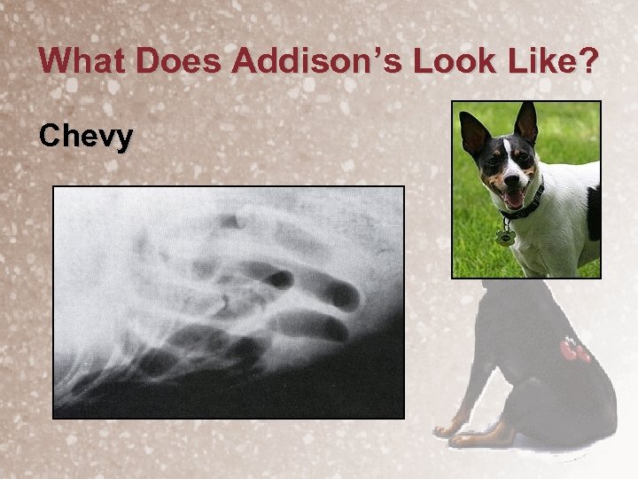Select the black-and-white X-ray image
(x=229, y=302)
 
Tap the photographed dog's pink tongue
(x=514, y=197)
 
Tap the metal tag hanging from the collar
(x=506, y=238)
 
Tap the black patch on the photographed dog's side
(x=593, y=213)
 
